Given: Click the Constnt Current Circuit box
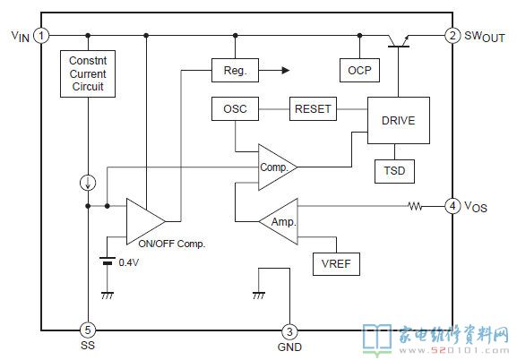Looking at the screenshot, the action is tap(88, 73).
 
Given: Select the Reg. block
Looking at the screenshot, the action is tap(235, 70).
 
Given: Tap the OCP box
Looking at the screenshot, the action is tap(359, 70).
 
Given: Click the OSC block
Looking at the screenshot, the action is tap(235, 108).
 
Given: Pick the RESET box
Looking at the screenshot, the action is tap(313, 108).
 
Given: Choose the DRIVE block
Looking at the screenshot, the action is tap(399, 120).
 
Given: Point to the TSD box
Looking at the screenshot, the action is tap(394, 171).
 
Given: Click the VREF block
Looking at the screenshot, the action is tap(336, 264).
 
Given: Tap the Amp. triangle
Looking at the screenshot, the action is tap(280, 221).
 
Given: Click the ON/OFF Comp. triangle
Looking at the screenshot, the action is tap(143, 221).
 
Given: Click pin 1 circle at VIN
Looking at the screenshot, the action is tap(41, 35).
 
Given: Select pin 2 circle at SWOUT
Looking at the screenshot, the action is tap(452, 35).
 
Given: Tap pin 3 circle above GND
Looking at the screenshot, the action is tap(289, 331).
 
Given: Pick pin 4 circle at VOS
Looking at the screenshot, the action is tap(452, 206).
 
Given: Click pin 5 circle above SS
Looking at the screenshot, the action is tap(88, 330).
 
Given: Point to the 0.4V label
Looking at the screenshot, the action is tap(129, 262).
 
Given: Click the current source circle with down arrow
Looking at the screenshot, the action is tap(88, 183).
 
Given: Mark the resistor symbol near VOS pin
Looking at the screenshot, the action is tap(415, 206).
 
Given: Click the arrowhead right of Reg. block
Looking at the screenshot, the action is tap(286, 70).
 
